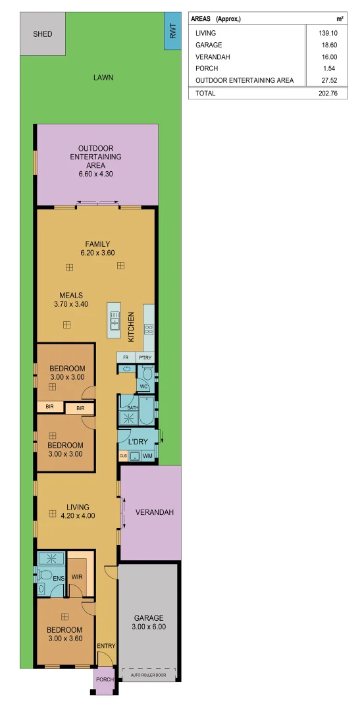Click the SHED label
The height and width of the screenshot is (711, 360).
(42, 34)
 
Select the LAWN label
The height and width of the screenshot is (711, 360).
(103, 78)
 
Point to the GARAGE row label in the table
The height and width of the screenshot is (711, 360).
(207, 45)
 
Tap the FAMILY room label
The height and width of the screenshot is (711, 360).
(97, 244)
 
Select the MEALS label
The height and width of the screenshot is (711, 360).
(70, 296)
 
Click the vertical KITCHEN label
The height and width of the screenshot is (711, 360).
(131, 327)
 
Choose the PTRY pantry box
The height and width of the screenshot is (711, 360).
(145, 357)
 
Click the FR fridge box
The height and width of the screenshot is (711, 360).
(126, 357)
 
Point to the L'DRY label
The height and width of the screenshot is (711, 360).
(138, 440)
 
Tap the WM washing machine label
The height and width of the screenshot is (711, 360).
(147, 456)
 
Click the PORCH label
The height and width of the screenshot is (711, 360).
(105, 679)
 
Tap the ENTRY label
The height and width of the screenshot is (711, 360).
(106, 646)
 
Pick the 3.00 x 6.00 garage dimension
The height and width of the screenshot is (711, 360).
(149, 627)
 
